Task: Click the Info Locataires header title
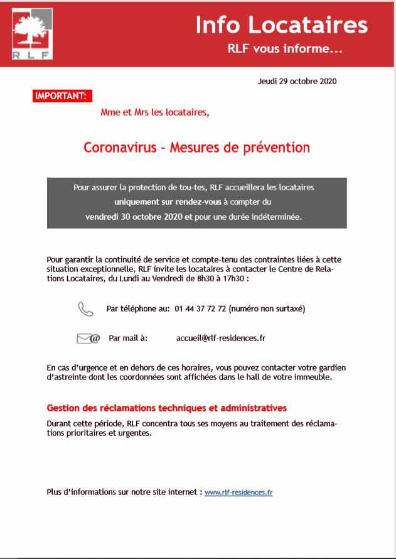281,24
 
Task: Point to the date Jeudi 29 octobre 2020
297,82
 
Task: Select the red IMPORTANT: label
61,96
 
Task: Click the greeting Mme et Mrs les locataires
155,113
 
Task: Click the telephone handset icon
85,308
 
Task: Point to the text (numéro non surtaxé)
267,309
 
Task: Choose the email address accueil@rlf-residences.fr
221,338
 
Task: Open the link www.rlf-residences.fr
238,493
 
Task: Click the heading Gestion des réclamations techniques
167,408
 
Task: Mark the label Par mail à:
128,338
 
